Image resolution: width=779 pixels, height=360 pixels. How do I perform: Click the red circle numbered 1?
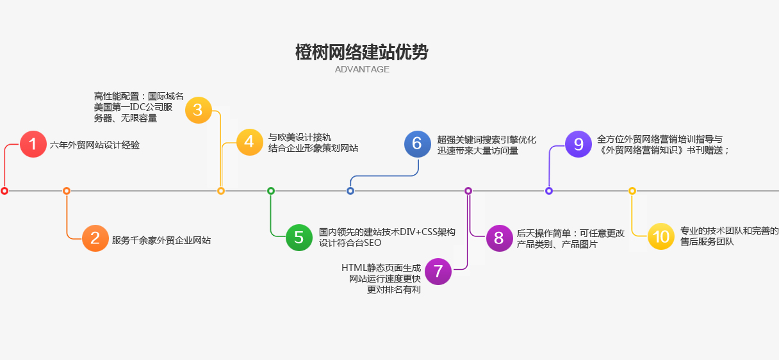coord(33,144)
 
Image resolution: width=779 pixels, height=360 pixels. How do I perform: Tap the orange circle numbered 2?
coord(95,239)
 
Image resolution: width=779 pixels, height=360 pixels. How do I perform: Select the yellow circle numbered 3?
coord(198,110)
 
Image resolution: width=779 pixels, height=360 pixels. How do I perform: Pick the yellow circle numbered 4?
coord(249,142)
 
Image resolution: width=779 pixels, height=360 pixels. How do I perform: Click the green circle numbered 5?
coord(299,238)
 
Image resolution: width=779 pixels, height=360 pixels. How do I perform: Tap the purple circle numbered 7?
coord(438,272)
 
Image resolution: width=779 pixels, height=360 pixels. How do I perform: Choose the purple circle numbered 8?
coord(499,238)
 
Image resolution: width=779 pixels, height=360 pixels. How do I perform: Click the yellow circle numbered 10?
coord(660,237)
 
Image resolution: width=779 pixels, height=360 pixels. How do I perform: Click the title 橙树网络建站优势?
coord(362,53)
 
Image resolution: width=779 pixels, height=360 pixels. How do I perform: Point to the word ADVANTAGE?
coord(362,69)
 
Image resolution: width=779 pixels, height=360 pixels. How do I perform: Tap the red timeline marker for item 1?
coord(4,191)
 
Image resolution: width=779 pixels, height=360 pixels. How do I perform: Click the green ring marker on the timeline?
coord(271,191)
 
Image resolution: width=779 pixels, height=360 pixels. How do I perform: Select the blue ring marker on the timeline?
coord(350,191)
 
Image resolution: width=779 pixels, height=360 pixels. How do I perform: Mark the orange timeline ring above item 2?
coord(67,191)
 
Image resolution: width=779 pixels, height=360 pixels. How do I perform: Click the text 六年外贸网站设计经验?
coord(95,145)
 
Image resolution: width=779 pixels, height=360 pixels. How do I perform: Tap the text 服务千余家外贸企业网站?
coord(161,241)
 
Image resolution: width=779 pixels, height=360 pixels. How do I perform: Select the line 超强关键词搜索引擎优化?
coord(487,139)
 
